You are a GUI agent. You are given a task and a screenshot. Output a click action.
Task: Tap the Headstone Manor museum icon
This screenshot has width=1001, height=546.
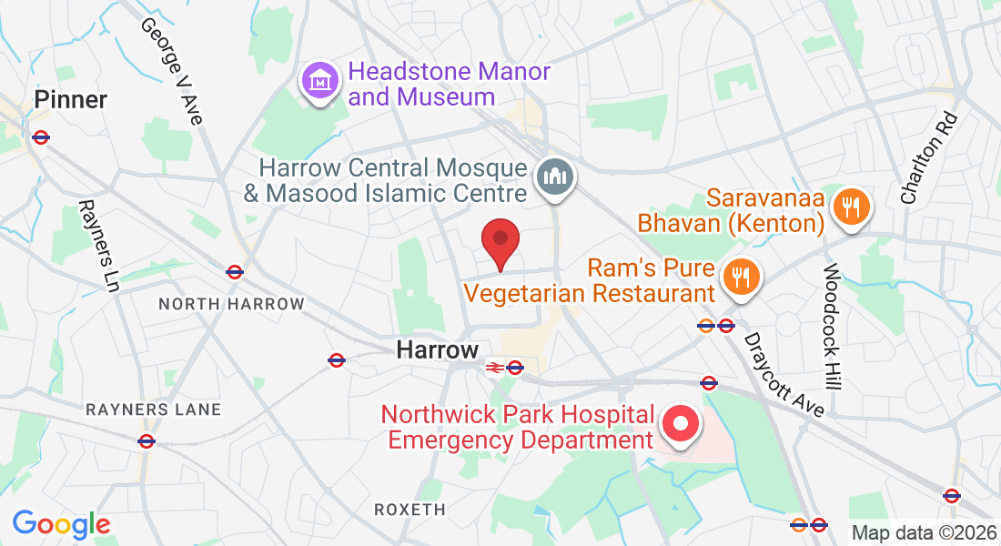(x=319, y=83)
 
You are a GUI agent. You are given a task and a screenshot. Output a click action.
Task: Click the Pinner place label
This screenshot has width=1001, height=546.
(x=71, y=99)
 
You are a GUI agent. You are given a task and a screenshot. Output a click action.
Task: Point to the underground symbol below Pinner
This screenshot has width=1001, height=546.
(x=40, y=137)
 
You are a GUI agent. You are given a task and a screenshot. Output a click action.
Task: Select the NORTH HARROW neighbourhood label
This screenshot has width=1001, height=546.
(x=231, y=304)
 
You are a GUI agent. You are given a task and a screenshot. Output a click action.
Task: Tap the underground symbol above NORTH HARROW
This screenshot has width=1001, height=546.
(x=235, y=271)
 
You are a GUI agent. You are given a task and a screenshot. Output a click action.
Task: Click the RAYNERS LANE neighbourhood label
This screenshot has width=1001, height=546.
(x=154, y=409)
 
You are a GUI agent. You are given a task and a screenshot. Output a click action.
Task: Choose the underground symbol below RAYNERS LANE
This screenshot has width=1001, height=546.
(x=147, y=441)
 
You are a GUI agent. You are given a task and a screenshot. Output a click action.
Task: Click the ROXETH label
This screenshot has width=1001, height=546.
(x=410, y=510)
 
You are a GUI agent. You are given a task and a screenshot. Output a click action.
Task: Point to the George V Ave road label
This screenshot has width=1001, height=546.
(x=171, y=69)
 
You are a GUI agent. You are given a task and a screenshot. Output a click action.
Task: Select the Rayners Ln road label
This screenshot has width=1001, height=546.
(x=99, y=247)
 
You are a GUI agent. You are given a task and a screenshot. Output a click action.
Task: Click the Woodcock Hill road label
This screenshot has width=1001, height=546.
(x=834, y=328)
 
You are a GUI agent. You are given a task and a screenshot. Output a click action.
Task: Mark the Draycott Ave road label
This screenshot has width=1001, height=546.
(x=784, y=374)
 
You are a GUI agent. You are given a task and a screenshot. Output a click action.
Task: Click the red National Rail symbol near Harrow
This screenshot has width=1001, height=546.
(x=494, y=368)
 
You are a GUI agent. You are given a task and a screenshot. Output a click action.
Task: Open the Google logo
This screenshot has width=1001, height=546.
(x=61, y=524)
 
